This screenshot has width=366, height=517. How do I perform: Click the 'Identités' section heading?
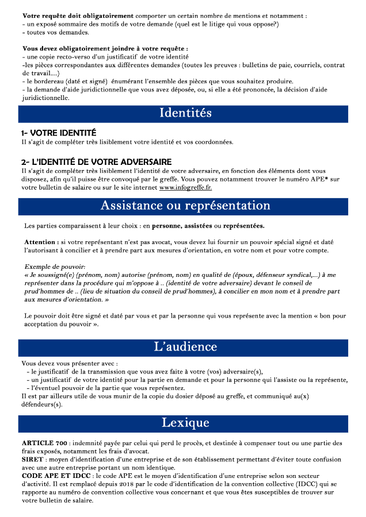(185, 113)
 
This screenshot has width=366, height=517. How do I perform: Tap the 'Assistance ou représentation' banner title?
(185, 206)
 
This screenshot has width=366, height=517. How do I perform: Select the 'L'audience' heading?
(185, 346)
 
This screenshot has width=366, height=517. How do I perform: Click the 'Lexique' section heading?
(185, 423)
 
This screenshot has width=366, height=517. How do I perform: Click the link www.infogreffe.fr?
(185, 187)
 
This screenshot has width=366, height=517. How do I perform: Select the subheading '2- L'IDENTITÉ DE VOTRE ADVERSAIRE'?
(96, 162)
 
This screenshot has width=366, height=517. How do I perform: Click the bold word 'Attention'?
(41, 242)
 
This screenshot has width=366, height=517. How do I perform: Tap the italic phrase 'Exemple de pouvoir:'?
(55, 267)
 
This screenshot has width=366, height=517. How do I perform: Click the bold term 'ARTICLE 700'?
(44, 443)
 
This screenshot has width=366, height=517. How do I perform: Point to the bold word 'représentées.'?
(244, 225)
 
